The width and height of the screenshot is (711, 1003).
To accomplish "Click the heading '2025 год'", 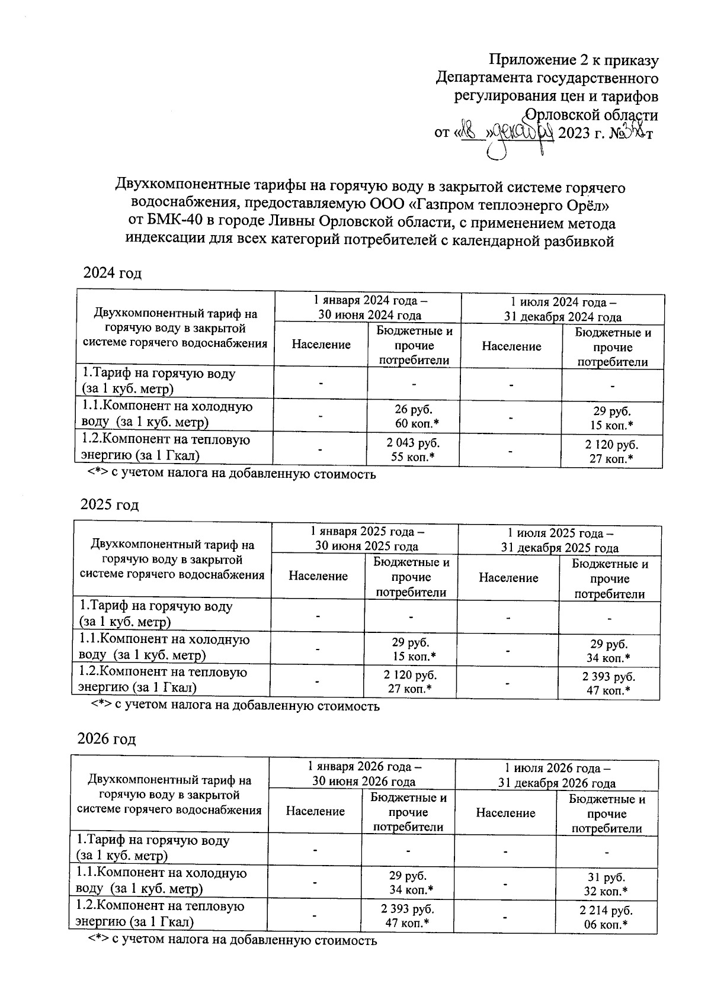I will [110, 505].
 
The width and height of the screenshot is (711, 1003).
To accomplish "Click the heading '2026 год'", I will [107, 739].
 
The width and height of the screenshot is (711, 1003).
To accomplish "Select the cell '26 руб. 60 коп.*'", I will [414, 417].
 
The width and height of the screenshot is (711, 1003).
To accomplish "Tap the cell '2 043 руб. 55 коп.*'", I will [414, 449].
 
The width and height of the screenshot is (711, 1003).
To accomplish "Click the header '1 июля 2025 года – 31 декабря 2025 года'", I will [559, 540].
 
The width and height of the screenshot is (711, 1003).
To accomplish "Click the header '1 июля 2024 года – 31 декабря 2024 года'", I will [562, 308].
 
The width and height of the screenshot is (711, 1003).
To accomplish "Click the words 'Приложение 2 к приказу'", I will [574, 60].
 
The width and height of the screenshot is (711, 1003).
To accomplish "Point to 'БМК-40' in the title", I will [177, 223].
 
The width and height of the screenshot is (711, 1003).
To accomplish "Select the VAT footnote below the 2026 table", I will [232, 940].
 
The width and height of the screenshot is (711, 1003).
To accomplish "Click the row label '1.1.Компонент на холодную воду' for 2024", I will [167, 414].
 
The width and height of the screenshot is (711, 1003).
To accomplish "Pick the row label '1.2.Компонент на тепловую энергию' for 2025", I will [164, 680].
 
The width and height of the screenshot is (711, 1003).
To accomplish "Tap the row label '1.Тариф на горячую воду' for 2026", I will [153, 848].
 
